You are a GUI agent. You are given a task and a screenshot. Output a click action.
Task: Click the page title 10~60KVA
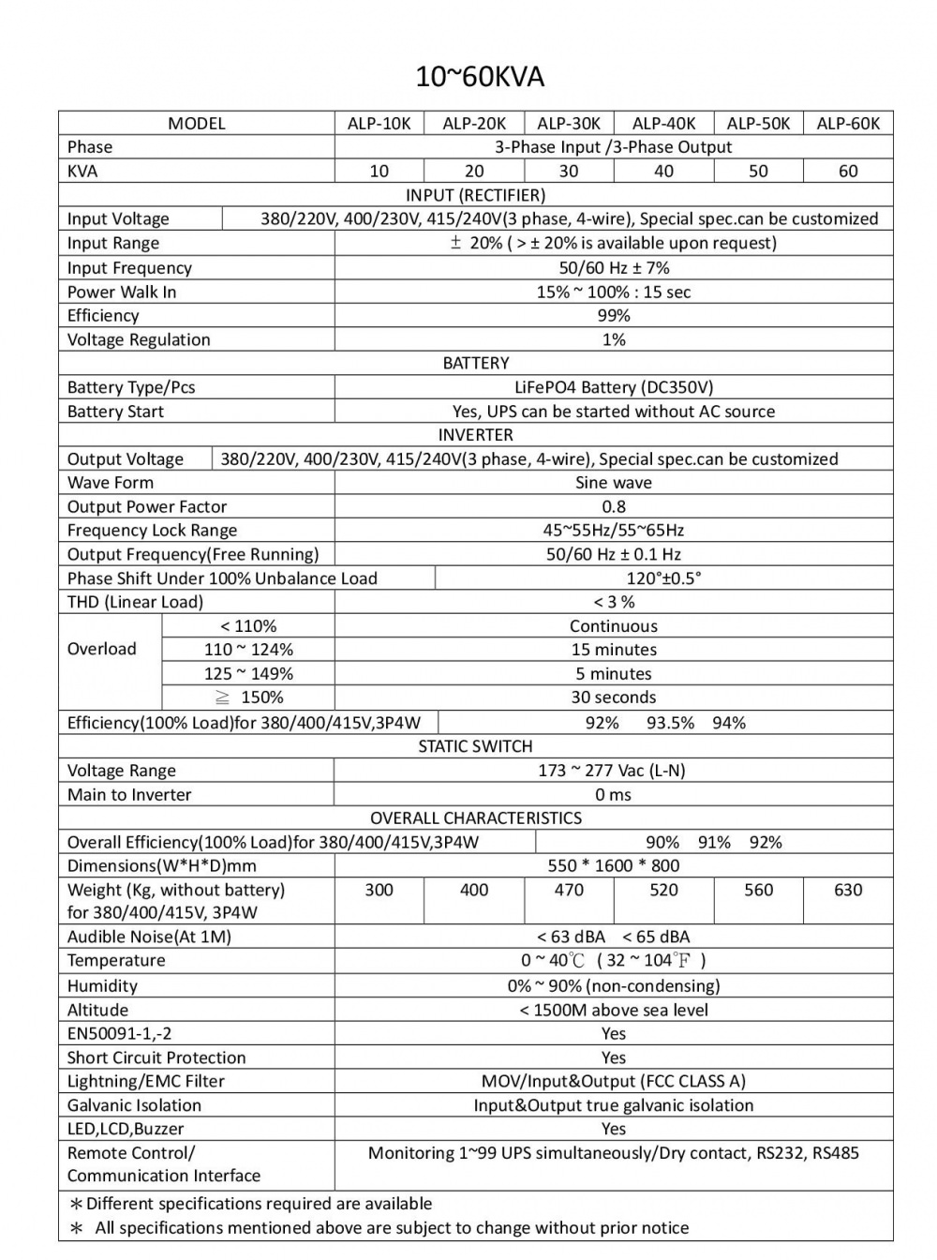tap(479, 77)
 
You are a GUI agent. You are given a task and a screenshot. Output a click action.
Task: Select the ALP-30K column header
tap(569, 124)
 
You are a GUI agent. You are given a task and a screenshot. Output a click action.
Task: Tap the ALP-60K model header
tap(848, 124)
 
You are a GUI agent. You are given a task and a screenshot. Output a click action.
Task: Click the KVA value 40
tap(663, 172)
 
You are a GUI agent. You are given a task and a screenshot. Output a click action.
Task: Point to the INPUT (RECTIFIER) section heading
tap(475, 195)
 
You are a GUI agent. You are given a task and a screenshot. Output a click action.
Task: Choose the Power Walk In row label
tap(122, 292)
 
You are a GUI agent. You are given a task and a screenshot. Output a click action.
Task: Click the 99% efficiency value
tap(614, 316)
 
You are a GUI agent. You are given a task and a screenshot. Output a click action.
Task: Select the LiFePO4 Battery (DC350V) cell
tap(614, 387)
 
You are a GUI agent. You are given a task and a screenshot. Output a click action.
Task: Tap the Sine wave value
tap(614, 483)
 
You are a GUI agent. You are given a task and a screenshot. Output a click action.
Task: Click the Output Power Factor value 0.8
tap(614, 507)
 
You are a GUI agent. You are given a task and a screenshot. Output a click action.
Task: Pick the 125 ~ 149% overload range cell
tap(248, 674)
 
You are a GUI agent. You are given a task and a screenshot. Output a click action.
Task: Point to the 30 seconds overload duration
tap(614, 697)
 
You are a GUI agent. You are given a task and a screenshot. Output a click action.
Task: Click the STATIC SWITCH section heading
tap(475, 746)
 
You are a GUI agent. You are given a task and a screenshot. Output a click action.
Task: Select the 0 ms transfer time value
tap(614, 795)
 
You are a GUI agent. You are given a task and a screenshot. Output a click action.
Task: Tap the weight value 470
tap(569, 890)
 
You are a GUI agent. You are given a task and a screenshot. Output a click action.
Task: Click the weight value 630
tap(848, 890)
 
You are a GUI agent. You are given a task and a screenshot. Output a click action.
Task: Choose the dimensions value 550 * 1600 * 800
tap(614, 866)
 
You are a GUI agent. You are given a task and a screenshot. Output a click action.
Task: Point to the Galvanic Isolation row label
tap(134, 1105)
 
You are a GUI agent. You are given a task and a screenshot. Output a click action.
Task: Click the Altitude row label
tap(97, 1010)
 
